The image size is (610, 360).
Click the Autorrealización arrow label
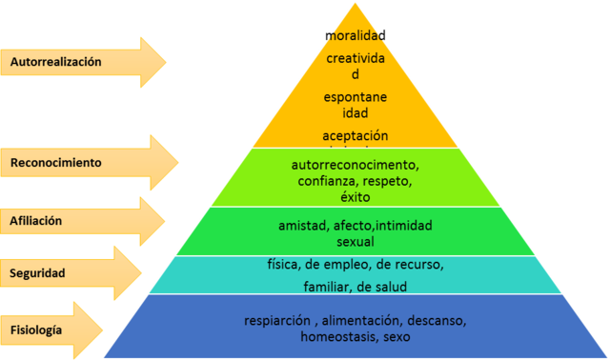(55, 62)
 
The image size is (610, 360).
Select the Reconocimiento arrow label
(55, 163)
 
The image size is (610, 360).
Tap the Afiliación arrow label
(36, 221)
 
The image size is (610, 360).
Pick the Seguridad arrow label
(38, 273)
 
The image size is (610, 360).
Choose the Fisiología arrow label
(37, 330)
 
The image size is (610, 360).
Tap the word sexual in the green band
(355, 242)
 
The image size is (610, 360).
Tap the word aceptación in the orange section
(356, 135)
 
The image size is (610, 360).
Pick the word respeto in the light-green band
(385, 181)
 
